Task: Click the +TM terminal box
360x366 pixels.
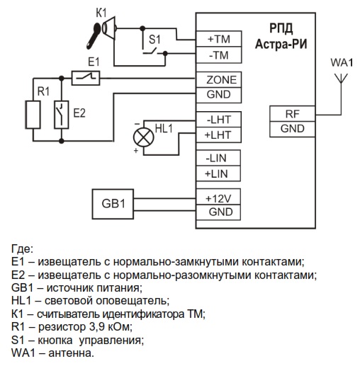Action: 219,39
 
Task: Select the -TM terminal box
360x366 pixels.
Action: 219,55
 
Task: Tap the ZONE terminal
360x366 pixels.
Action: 219,80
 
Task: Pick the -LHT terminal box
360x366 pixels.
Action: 219,120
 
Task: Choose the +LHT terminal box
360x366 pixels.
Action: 219,135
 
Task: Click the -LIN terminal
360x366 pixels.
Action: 218,158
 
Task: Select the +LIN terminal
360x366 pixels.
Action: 218,173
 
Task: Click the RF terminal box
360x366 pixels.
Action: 293,114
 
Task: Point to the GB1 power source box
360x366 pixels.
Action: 113,204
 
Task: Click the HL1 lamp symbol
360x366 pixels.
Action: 143,137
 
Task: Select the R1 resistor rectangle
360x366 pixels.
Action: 33,115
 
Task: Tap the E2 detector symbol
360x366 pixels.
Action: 62,115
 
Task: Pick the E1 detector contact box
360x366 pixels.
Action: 86,78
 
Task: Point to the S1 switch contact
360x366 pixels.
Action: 150,52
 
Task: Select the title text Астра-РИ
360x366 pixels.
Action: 281,44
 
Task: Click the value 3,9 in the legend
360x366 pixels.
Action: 97,327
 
